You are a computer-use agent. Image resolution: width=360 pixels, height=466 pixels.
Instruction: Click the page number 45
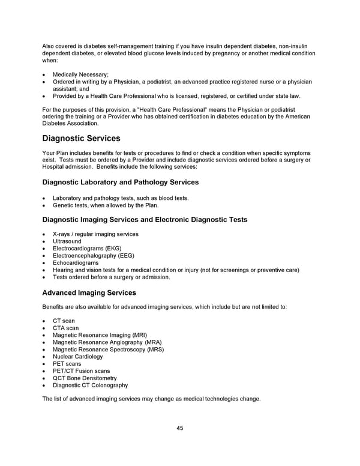pos(180,428)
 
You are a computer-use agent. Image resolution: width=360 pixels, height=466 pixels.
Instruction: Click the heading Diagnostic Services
pos(81,139)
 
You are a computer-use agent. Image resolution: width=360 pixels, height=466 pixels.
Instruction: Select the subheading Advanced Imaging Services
pos(89,293)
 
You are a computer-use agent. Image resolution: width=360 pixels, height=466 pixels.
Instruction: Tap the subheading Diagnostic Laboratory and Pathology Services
pos(121,182)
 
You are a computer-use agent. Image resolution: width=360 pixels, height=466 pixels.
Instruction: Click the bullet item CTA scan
pos(65,328)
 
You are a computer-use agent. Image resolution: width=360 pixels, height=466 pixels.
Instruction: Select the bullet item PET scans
pos(67,364)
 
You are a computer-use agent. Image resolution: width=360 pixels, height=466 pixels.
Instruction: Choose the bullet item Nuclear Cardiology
pos(77,357)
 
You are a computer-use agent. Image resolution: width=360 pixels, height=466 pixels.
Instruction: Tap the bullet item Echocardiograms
pos(76,263)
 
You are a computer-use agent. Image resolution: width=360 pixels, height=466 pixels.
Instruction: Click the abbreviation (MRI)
pos(136,335)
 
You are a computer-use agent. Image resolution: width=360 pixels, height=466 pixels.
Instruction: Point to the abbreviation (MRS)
pos(154,349)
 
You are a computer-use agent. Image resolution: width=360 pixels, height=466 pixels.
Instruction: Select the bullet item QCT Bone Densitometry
pos(85,378)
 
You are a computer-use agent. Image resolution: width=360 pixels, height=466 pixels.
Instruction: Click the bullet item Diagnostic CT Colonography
pos(90,386)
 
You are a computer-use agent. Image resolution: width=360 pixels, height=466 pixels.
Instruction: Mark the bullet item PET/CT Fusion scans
pos(81,371)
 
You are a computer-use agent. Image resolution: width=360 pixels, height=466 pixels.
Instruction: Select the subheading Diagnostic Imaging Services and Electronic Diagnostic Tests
pos(145,220)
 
